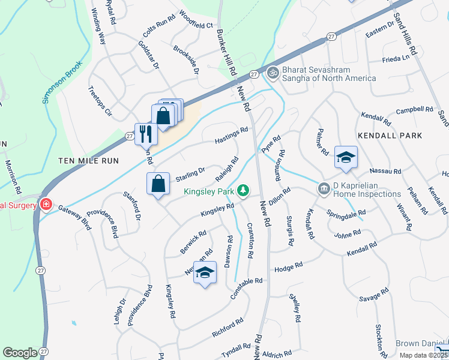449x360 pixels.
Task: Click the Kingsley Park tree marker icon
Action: click(243, 191)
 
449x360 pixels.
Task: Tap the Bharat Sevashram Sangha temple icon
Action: click(273, 71)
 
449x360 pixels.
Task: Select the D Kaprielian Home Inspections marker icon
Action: click(324, 189)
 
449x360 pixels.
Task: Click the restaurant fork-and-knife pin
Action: click(145, 133)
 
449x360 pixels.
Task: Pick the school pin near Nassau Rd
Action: click(346, 157)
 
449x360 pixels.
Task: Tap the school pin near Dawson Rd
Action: click(205, 273)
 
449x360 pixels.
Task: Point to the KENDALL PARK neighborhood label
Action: click(390, 136)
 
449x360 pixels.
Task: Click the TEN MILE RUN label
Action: click(89, 161)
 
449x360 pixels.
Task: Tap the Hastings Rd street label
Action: click(232, 137)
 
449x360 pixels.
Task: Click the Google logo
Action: click(20, 353)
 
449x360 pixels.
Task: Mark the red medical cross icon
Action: click(46, 205)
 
